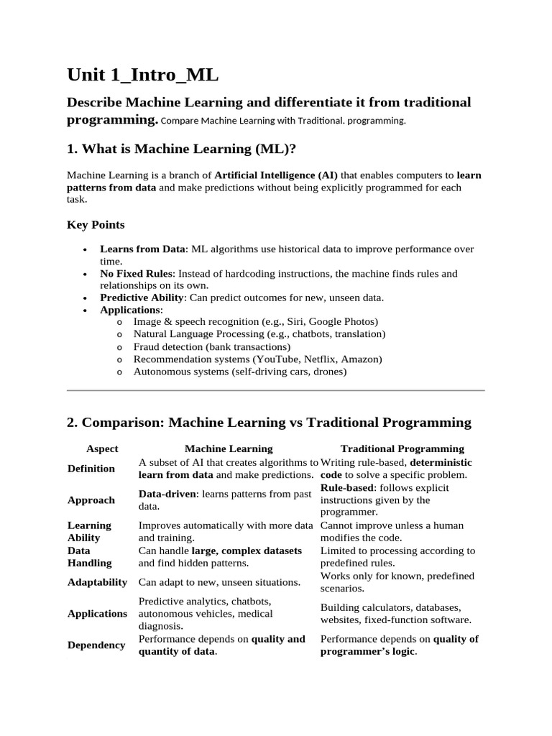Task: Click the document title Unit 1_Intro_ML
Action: (x=143, y=75)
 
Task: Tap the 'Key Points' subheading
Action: (x=96, y=224)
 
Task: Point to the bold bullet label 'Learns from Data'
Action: (x=143, y=249)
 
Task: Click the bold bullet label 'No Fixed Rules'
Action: (x=137, y=274)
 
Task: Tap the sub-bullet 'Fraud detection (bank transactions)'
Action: (x=212, y=346)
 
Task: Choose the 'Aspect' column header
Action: (x=102, y=448)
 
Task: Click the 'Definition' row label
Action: (x=91, y=469)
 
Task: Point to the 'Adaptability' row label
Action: (x=97, y=582)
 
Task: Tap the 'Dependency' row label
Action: (x=96, y=645)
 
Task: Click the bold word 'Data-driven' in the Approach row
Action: (x=164, y=494)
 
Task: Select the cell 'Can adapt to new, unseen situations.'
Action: (x=219, y=582)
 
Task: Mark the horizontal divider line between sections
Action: (x=276, y=391)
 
